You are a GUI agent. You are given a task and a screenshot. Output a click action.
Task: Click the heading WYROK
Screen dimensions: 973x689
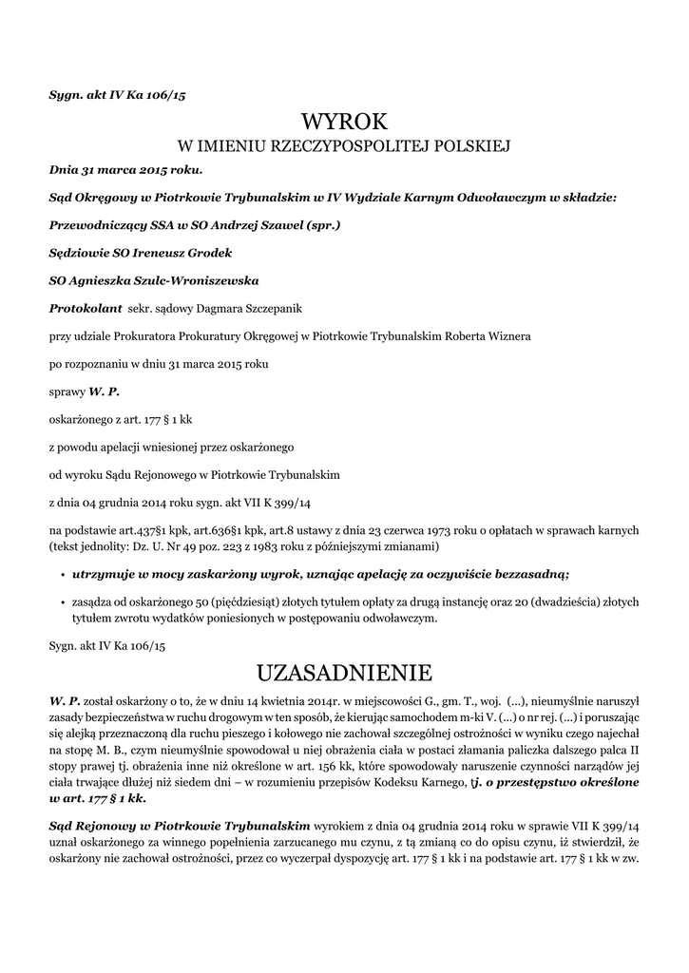click(344, 122)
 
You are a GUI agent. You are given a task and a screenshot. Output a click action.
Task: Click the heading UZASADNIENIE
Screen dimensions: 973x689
click(344, 674)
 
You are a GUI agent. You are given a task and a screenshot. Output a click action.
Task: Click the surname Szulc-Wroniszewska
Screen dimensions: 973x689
click(197, 281)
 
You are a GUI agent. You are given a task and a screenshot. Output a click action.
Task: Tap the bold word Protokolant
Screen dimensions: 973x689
click(86, 309)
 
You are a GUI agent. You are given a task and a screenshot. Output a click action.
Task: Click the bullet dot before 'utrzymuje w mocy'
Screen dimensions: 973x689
click(62, 575)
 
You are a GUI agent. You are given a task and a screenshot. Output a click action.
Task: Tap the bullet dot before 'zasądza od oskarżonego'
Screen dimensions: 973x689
click(62, 602)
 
